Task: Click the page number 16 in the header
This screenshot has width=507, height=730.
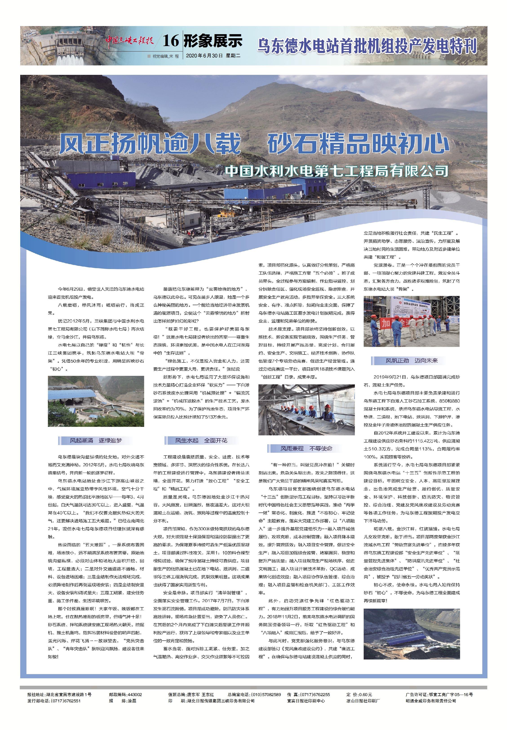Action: click(170, 42)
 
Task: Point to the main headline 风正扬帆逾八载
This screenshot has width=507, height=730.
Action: click(149, 144)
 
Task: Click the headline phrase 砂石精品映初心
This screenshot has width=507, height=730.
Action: click(358, 144)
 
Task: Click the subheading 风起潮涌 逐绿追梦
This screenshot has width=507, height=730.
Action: click(96, 441)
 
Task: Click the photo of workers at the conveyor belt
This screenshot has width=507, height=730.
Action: click(307, 410)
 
